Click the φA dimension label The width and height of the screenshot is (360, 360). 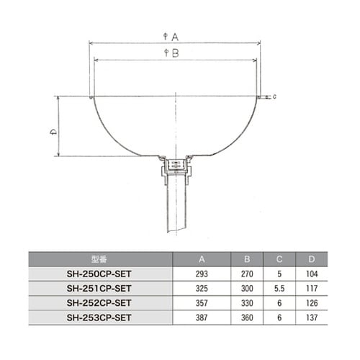[171, 36]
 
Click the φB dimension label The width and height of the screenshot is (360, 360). [171, 53]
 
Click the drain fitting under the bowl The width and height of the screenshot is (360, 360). [174, 167]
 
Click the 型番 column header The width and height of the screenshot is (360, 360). [100, 258]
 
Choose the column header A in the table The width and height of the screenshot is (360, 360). [201, 258]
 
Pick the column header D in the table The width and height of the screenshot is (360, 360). [311, 258]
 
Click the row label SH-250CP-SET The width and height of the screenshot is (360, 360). [100, 273]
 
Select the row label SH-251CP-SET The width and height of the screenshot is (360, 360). [100, 287]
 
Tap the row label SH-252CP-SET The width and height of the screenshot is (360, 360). [100, 302]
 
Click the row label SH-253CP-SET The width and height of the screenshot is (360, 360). [100, 316]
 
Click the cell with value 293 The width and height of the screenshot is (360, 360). [201, 273]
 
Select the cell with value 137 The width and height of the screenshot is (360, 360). [311, 316]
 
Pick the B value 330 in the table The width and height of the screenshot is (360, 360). [247, 302]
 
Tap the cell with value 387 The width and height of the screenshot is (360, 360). [201, 316]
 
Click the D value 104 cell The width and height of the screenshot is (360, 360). [311, 273]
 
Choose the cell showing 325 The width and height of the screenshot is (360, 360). [201, 287]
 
